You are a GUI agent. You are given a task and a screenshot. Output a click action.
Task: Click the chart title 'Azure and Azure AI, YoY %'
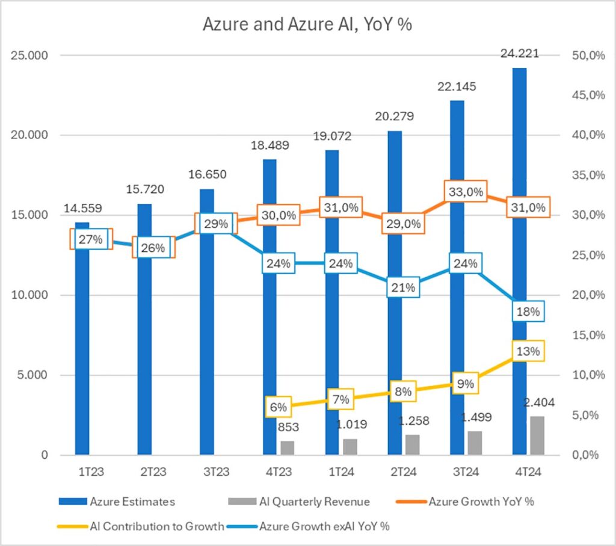307,25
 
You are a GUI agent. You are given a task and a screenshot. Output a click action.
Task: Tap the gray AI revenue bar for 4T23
288,448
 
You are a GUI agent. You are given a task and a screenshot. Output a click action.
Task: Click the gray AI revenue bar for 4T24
537,435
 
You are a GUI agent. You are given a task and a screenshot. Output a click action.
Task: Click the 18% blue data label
529,311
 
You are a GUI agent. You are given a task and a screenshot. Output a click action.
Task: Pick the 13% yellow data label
529,351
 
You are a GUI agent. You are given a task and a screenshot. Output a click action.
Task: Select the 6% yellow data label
279,407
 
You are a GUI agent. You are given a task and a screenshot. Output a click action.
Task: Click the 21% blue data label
404,287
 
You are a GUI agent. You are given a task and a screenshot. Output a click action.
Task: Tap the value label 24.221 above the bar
520,54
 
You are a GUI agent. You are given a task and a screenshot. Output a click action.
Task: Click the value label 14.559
82,209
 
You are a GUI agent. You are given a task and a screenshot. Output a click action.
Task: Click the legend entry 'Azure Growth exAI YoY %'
324,526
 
